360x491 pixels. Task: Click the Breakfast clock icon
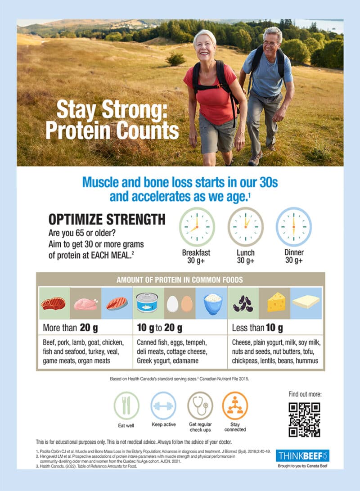[197, 227]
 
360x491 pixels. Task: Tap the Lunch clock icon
[246, 227]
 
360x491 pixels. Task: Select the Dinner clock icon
[294, 227]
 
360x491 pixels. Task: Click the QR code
[304, 419]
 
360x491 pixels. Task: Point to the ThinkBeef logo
[302, 455]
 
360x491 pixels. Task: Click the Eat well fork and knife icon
[126, 405]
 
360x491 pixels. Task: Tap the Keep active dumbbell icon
[163, 405]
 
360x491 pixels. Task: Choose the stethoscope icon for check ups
[200, 405]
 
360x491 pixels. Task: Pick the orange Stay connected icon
[235, 405]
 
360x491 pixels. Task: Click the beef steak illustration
[54, 303]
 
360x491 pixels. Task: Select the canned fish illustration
[147, 302]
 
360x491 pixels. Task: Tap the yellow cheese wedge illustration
[276, 302]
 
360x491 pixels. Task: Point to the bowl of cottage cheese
[213, 303]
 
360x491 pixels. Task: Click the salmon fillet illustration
[117, 303]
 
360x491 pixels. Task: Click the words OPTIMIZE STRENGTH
[107, 219]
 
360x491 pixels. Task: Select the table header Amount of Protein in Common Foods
[180, 279]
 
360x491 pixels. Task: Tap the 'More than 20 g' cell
[71, 328]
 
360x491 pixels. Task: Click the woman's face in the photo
[204, 47]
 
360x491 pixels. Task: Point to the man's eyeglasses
[270, 43]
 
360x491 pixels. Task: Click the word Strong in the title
[135, 111]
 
